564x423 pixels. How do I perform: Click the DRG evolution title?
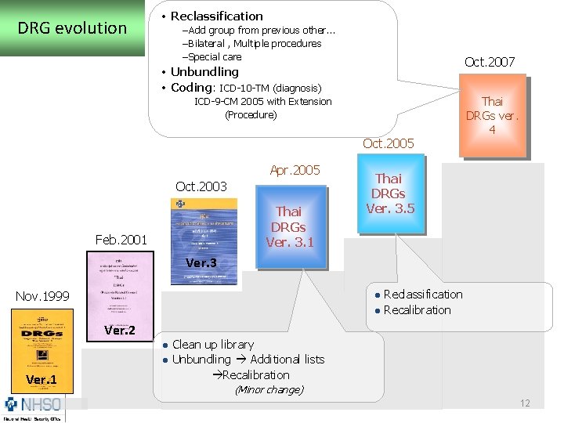pyautogui.click(x=72, y=29)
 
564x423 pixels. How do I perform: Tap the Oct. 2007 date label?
pyautogui.click(x=490, y=62)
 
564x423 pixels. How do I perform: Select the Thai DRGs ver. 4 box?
pyautogui.click(x=492, y=115)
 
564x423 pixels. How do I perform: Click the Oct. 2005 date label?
pyautogui.click(x=389, y=143)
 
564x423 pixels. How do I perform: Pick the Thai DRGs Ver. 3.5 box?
pyautogui.click(x=389, y=193)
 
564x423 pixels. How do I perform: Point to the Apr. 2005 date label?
pyautogui.click(x=295, y=170)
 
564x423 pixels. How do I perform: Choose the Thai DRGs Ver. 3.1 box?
pyautogui.click(x=289, y=226)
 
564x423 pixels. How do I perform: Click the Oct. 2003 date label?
pyautogui.click(x=201, y=186)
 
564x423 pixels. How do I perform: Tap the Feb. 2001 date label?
pyautogui.click(x=121, y=239)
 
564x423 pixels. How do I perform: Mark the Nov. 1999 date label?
pyautogui.click(x=42, y=296)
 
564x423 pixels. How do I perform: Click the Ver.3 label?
pyautogui.click(x=201, y=263)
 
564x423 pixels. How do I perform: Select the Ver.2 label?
pyautogui.click(x=119, y=330)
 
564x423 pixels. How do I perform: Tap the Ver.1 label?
pyautogui.click(x=42, y=380)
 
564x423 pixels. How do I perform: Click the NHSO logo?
pyautogui.click(x=33, y=407)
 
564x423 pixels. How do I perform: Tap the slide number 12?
pyautogui.click(x=525, y=403)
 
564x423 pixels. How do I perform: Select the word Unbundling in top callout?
pyautogui.click(x=204, y=72)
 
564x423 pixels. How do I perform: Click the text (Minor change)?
pyautogui.click(x=269, y=389)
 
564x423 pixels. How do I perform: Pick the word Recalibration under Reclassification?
pyautogui.click(x=417, y=310)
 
